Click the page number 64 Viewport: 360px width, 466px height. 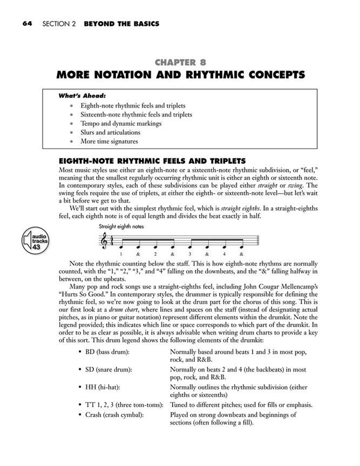point(28,24)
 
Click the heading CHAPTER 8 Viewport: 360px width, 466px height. point(180,62)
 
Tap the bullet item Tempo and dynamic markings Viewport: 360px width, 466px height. point(118,124)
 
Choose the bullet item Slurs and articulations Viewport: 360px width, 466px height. point(110,133)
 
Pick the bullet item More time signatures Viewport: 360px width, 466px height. point(109,142)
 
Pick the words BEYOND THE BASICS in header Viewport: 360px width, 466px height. point(121,24)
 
